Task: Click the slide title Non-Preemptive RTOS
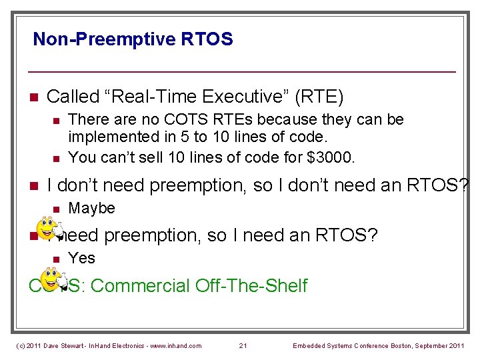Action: pyautogui.click(x=133, y=39)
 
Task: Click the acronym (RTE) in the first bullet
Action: pyautogui.click(x=321, y=97)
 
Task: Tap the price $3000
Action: pyautogui.click(x=337, y=157)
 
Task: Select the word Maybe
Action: pyautogui.click(x=92, y=209)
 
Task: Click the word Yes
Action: pyautogui.click(x=82, y=258)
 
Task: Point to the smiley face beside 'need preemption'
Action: pyautogui.click(x=48, y=229)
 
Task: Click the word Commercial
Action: pyautogui.click(x=140, y=286)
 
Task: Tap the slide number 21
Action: pyautogui.click(x=243, y=345)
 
